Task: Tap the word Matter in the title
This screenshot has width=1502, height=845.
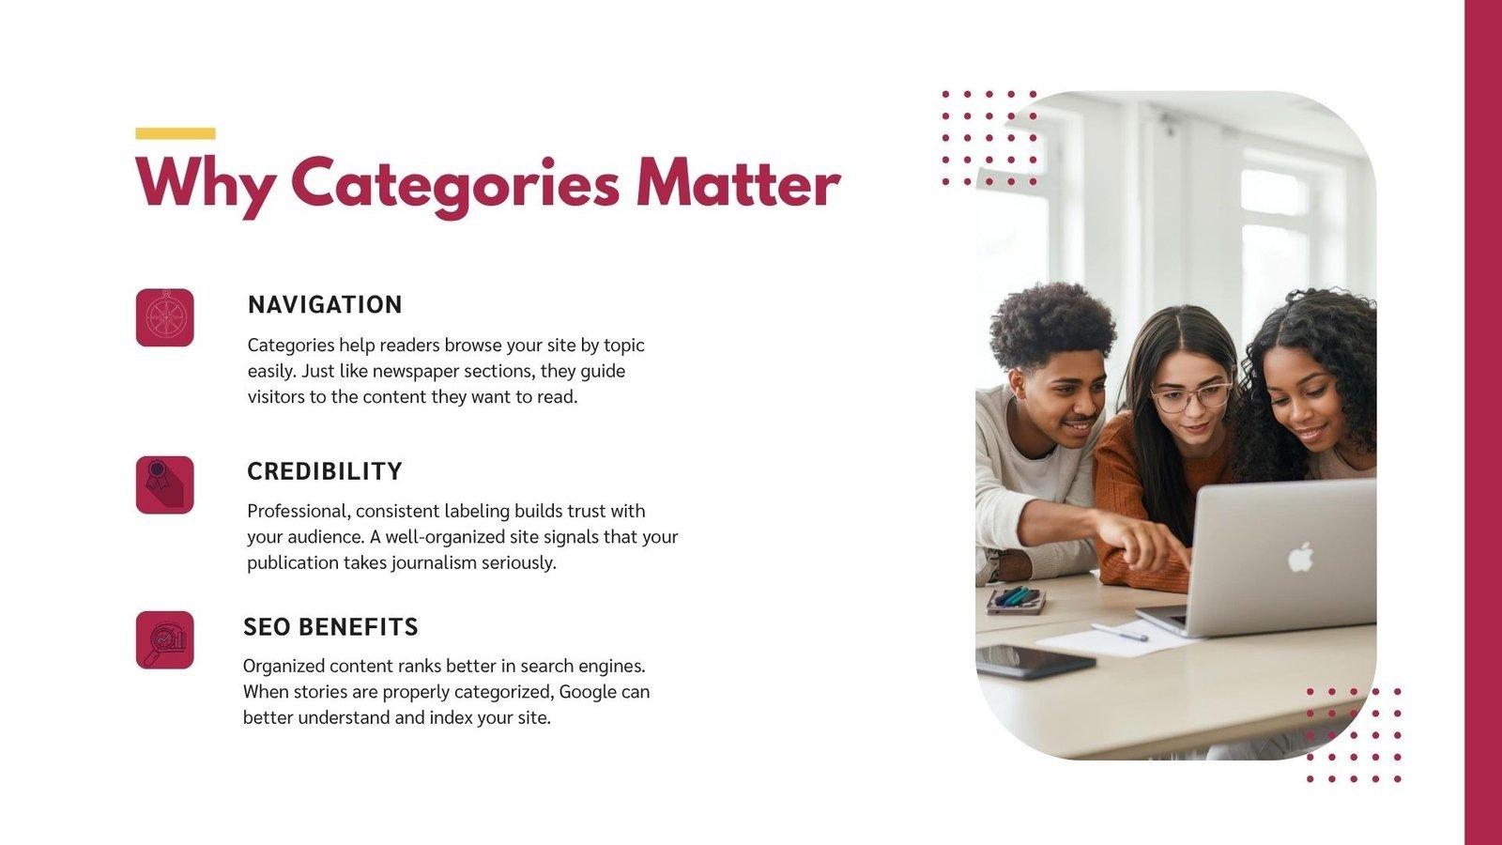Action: [738, 182]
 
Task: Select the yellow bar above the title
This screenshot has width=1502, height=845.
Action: [175, 133]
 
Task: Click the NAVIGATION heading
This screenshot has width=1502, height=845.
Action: [325, 304]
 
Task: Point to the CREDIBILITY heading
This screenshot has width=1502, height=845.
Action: [325, 471]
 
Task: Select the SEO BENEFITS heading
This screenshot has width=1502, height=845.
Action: [330, 627]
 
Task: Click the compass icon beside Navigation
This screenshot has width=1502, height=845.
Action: [165, 318]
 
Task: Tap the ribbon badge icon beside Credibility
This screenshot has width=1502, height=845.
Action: [165, 484]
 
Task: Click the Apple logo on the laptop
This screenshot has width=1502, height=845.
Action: [1300, 558]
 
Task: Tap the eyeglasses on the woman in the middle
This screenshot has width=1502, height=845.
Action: [1191, 398]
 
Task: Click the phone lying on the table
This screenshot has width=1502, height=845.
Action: [1035, 661]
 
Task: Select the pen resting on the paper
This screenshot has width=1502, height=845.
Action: [1118, 633]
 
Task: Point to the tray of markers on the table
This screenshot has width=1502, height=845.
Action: [1016, 600]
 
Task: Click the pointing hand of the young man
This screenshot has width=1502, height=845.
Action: [1146, 543]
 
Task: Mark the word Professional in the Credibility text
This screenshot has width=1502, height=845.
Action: [299, 512]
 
